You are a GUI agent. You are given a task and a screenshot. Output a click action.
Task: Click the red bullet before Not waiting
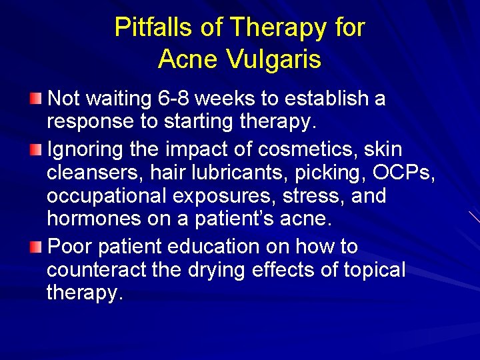point(36,99)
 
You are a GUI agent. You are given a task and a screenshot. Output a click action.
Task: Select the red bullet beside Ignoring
point(36,149)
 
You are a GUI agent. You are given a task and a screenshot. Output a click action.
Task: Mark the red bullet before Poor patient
point(36,247)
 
